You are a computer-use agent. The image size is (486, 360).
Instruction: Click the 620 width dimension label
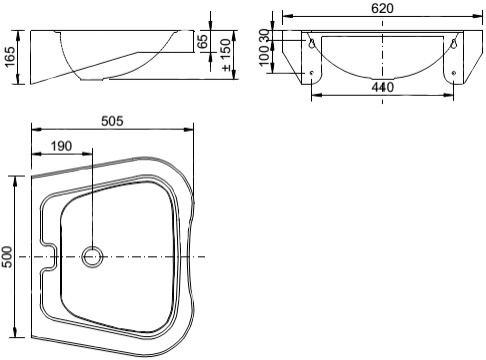[382, 8]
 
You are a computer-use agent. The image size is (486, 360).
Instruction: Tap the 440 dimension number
[382, 87]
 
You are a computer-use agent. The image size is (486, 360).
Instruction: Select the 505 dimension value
[112, 121]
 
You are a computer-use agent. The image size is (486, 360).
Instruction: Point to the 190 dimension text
[61, 146]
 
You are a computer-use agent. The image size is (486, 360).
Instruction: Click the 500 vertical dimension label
[7, 257]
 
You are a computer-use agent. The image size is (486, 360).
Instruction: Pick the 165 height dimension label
[10, 57]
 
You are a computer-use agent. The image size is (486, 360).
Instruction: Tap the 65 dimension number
[203, 41]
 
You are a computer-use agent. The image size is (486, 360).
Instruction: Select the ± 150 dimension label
[226, 55]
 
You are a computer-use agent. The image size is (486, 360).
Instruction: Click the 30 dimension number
[264, 35]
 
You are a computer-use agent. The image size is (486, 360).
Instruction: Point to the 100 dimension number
[264, 55]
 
